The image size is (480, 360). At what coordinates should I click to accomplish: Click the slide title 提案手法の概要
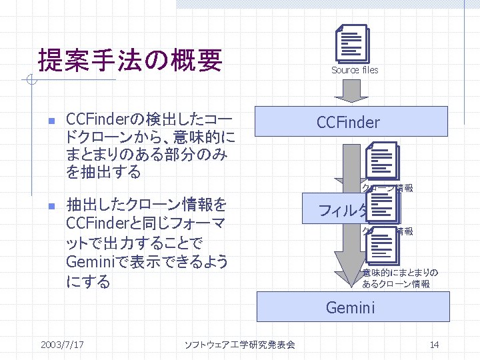[x=130, y=60]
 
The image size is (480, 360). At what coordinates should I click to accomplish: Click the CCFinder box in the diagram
[x=348, y=122]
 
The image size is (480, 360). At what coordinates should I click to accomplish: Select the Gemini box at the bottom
[x=350, y=307]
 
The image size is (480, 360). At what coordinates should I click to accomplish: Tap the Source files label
[x=355, y=70]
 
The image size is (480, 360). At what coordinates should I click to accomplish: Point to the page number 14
[x=434, y=344]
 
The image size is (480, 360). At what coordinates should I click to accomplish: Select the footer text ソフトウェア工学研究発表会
[x=239, y=344]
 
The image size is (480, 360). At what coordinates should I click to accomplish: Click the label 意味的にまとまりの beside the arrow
[x=400, y=273]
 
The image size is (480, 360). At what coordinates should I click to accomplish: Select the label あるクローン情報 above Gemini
[x=396, y=284]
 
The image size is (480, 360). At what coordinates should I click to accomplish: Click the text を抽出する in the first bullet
[x=104, y=172]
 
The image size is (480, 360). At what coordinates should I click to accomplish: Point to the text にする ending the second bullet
[x=88, y=282]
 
